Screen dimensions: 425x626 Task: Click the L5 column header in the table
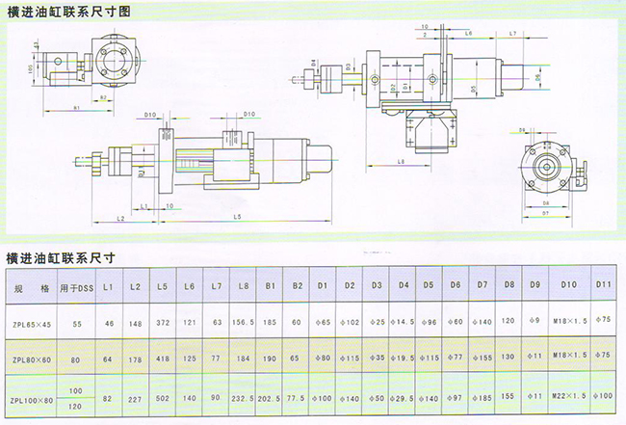[161, 286]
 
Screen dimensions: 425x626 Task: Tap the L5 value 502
[161, 398]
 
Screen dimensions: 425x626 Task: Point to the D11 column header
[604, 286]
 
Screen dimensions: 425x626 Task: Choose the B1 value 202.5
[271, 398]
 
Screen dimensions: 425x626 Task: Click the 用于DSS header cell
[74, 287]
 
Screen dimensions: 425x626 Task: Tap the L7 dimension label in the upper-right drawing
[512, 34]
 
